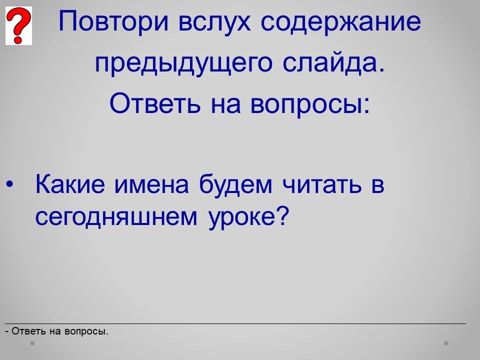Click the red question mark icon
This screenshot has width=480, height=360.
pyautogui.click(x=18, y=25)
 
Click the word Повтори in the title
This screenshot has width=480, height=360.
pyautogui.click(x=113, y=21)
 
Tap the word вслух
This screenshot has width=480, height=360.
pyautogui.click(x=214, y=21)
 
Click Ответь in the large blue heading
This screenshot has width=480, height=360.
pyautogui.click(x=155, y=103)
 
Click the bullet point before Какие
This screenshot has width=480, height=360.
pyautogui.click(x=10, y=184)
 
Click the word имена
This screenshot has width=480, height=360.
pyautogui.click(x=151, y=185)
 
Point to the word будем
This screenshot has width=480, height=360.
pyautogui.click(x=235, y=185)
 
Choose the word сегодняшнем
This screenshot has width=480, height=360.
pyautogui.click(x=116, y=218)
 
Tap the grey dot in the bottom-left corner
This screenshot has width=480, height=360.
pyautogui.click(x=32, y=343)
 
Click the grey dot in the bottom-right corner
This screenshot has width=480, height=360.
pyautogui.click(x=446, y=343)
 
